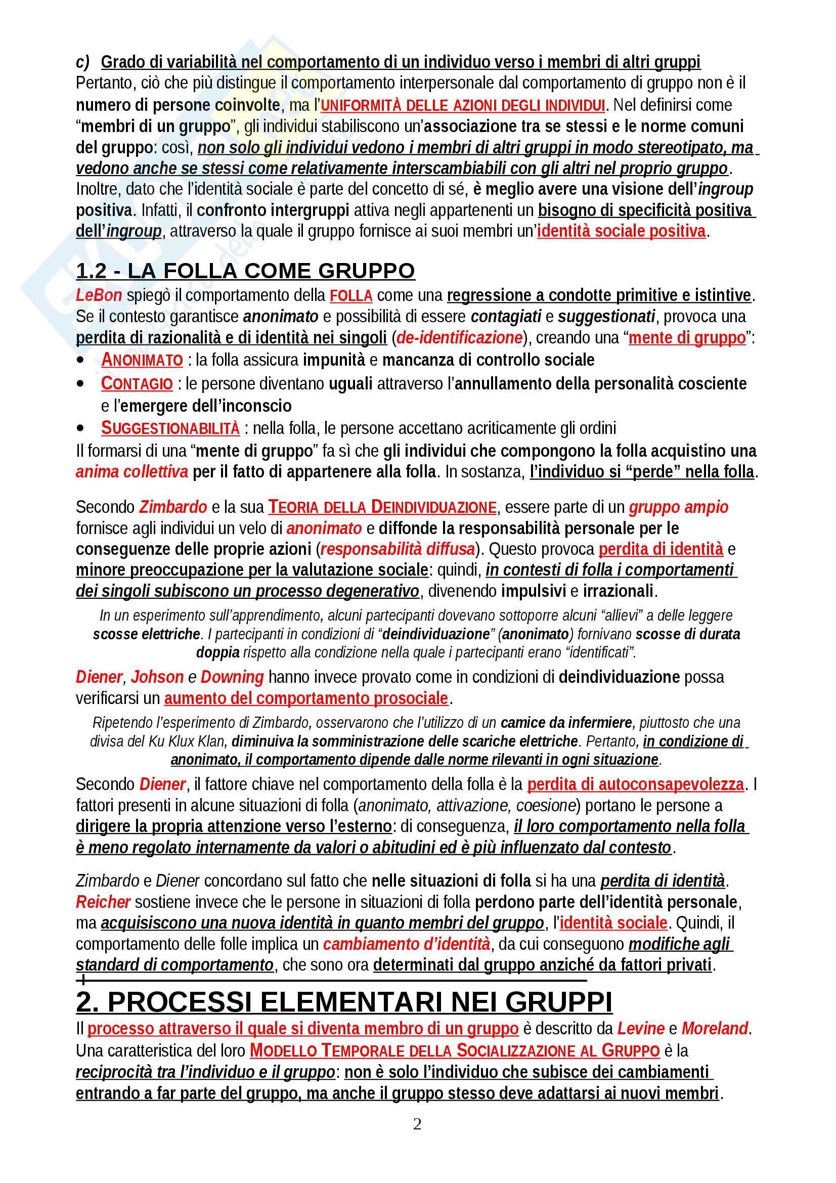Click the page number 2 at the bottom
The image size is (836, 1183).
click(x=417, y=1123)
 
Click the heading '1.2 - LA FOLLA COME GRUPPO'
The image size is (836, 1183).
click(x=245, y=271)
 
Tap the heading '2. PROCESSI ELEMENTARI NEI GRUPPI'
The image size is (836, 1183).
click(x=344, y=1001)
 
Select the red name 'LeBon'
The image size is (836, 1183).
click(x=99, y=295)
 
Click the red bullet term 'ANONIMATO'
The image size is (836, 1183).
click(x=142, y=360)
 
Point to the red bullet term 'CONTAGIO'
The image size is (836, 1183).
click(x=137, y=383)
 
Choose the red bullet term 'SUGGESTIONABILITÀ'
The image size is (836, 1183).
click(x=170, y=428)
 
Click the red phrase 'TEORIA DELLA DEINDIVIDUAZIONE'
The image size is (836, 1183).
click(x=382, y=507)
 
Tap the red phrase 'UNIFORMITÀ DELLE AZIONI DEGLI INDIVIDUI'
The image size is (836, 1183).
click(x=463, y=105)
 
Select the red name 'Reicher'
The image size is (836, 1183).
click(x=103, y=902)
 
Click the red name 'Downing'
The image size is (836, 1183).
click(x=232, y=677)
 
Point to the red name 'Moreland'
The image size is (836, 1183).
click(x=715, y=1028)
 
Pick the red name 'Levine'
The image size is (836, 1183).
click(x=641, y=1028)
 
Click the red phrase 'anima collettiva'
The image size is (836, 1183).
click(x=132, y=471)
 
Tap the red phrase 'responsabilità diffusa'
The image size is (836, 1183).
click(x=398, y=549)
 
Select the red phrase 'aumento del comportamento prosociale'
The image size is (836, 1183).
click(x=306, y=698)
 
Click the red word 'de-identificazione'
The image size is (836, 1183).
click(x=459, y=337)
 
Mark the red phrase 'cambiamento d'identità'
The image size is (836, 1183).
click(x=407, y=943)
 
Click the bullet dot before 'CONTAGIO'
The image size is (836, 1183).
click(x=80, y=383)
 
